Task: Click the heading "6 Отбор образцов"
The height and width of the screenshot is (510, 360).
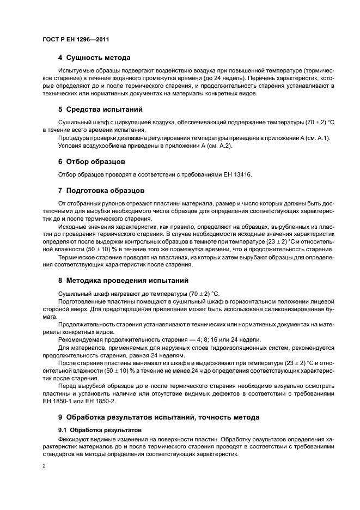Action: pos(91,161)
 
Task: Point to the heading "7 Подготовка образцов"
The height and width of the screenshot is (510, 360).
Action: pos(101,191)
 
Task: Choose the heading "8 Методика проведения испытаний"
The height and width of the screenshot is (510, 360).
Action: pos(123,281)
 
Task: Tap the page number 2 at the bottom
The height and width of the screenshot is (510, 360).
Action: pos(44,466)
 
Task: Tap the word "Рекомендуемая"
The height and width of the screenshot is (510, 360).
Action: pos(82,339)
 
